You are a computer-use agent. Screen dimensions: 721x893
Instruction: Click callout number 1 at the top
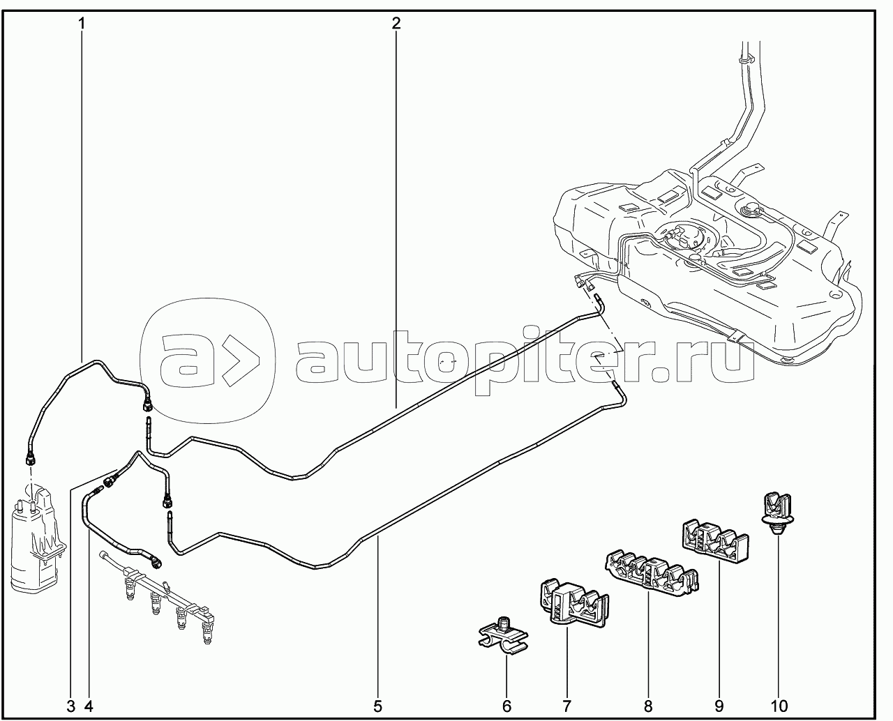click(82, 23)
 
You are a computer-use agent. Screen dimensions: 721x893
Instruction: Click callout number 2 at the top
click(396, 23)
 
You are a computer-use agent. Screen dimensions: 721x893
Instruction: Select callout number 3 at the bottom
click(70, 706)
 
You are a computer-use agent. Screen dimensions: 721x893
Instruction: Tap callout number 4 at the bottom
click(89, 706)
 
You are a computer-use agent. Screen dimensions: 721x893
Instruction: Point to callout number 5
click(377, 706)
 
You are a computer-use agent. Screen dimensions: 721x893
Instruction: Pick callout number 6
click(507, 706)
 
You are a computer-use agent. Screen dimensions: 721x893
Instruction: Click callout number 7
click(566, 706)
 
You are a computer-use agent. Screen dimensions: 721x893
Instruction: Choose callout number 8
click(648, 706)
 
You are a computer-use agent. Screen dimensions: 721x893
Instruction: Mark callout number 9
click(719, 706)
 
